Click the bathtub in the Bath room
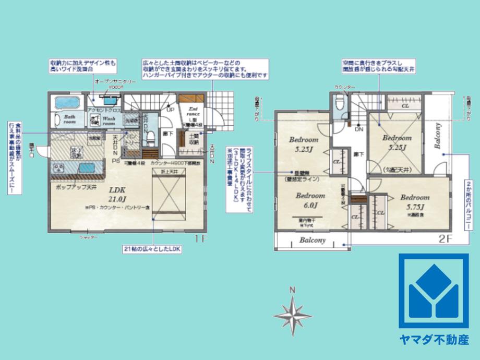(65, 102)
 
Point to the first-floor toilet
(151, 137)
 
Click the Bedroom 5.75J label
(415, 201)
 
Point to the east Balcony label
(438, 136)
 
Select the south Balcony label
(313, 241)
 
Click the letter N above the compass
(293, 290)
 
